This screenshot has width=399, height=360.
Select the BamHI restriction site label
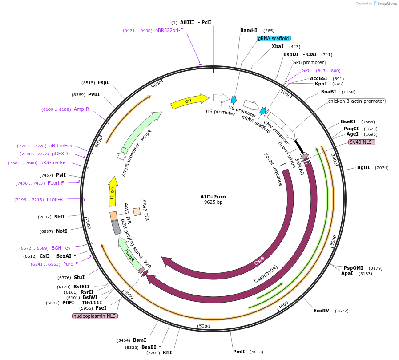[x=249, y=30]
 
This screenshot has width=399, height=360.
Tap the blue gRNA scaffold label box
[x=274, y=38]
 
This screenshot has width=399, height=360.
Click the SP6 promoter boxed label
[x=308, y=62]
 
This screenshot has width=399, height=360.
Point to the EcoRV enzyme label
[x=321, y=311]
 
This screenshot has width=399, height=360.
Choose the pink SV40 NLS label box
[x=362, y=142]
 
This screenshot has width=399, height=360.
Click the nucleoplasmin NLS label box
[x=94, y=316]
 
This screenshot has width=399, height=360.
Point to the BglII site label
[x=363, y=167]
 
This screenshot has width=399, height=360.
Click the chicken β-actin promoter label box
[x=356, y=101]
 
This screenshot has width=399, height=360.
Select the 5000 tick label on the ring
[x=204, y=326]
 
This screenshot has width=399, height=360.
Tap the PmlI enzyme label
[x=239, y=352]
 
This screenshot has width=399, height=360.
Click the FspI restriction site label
[x=103, y=82]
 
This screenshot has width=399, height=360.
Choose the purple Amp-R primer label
[x=81, y=109]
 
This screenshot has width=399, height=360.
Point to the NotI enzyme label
[x=61, y=231]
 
